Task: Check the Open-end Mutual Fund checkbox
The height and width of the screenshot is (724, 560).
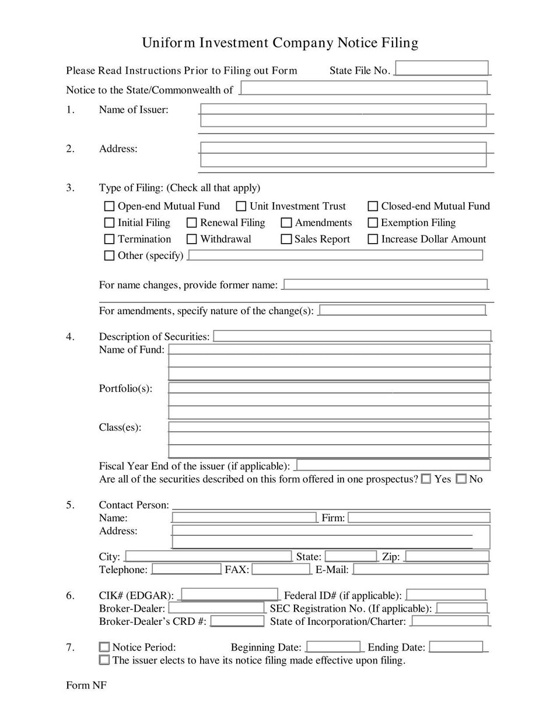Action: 109,206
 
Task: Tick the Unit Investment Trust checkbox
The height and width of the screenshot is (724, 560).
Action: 241,206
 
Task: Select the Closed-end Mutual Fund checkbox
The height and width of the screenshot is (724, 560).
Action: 373,206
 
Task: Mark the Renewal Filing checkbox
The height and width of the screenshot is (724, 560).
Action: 191,223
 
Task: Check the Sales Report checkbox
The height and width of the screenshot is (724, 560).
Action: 286,239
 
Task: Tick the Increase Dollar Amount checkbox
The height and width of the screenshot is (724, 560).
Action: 373,239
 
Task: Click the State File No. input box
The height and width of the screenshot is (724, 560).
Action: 442,68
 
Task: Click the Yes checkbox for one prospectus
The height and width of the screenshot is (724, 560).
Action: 426,479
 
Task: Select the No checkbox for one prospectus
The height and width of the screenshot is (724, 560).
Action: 461,479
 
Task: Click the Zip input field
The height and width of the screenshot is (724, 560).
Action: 447,556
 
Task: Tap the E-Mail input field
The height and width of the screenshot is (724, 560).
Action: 420,569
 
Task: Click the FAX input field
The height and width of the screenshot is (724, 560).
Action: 281,569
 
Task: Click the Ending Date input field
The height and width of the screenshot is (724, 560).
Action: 456,646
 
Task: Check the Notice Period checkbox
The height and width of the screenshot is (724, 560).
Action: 104,646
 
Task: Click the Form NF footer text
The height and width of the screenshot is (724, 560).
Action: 86,686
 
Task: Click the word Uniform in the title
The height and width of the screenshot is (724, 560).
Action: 169,43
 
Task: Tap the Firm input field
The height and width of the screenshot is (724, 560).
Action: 418,517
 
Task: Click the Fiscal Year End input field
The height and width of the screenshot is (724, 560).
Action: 393,465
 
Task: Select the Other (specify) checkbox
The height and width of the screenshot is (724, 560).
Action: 109,255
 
